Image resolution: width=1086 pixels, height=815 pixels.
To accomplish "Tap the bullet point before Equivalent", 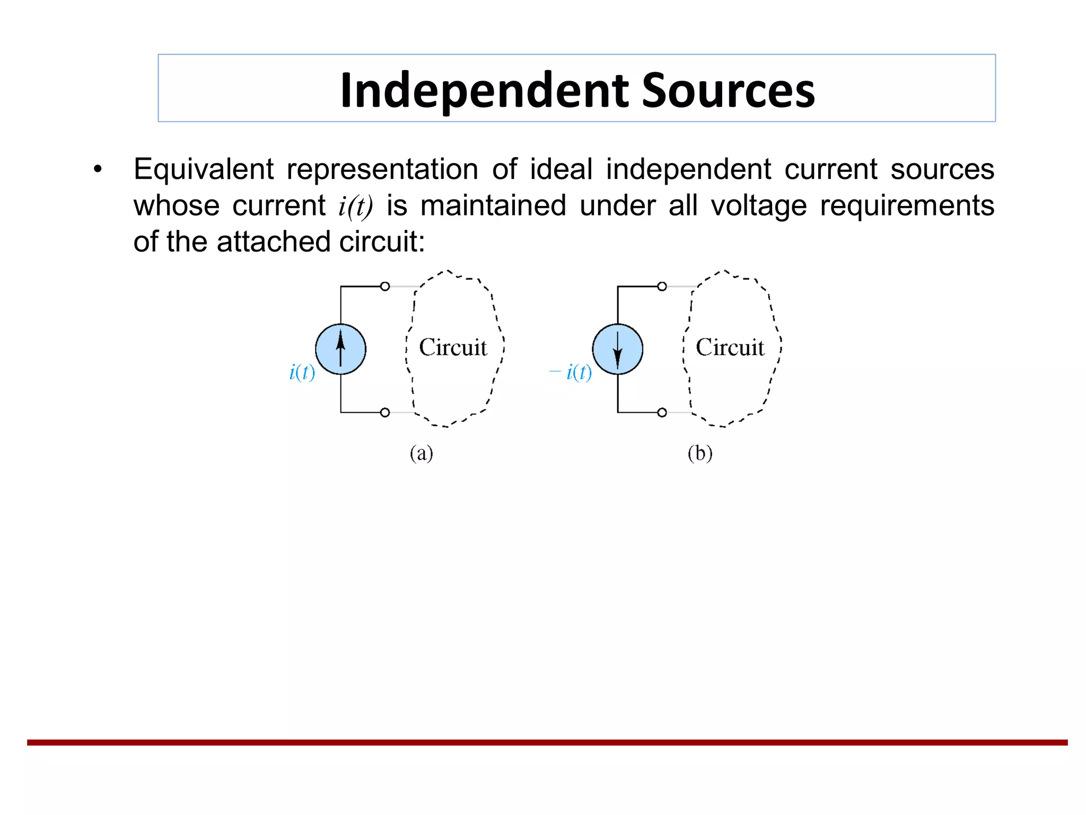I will click(97, 170).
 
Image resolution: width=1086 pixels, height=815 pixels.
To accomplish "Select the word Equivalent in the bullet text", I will click(204, 170).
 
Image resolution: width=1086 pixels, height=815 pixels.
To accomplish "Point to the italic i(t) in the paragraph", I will click(355, 206).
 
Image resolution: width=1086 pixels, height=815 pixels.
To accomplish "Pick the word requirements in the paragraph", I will click(907, 206).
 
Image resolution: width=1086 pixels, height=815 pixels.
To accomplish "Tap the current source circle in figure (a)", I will click(340, 349).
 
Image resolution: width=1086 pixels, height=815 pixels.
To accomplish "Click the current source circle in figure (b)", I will click(617, 349).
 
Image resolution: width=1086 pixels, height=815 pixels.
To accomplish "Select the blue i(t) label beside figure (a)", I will click(302, 372).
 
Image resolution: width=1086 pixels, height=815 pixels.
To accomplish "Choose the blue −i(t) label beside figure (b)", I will click(571, 372).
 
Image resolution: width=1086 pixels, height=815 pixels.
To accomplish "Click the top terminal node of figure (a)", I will click(385, 287).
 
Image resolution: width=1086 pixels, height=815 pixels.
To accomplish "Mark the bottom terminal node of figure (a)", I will click(385, 412).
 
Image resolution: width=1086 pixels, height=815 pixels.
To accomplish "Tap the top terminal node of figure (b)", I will click(662, 287).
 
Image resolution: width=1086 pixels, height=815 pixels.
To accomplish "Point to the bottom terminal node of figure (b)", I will click(662, 412).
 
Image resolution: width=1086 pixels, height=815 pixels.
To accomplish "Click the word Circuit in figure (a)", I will click(453, 348).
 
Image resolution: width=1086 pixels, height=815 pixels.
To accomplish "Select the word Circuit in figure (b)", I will click(730, 348).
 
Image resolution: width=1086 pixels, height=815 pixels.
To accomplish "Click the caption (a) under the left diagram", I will click(421, 453).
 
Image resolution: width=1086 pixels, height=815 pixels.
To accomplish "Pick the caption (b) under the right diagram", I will click(700, 453).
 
